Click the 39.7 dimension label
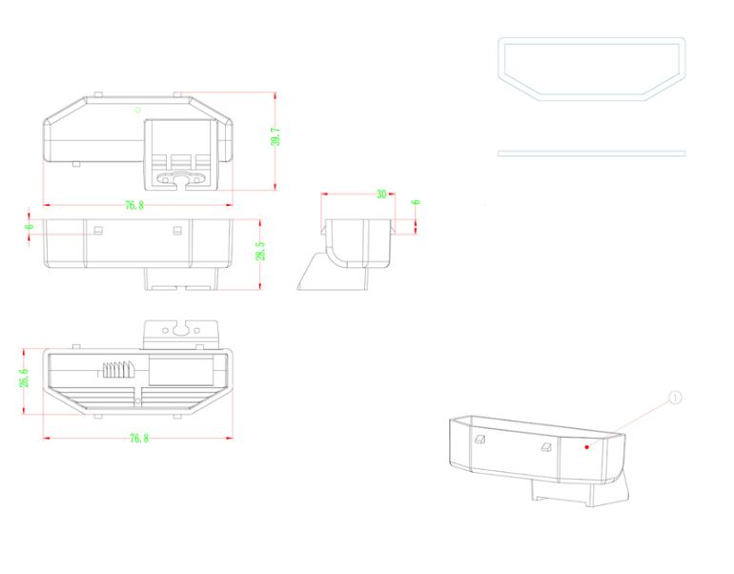[275, 135]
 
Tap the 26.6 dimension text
[25, 378]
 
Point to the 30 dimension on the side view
[381, 194]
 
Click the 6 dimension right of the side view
[416, 202]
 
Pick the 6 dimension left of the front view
[30, 225]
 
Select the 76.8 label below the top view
[133, 206]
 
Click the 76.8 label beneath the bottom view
[138, 438]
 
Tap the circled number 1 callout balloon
[676, 398]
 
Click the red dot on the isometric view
[586, 444]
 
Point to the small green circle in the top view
[137, 110]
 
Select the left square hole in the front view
[97, 229]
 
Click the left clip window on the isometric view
[479, 440]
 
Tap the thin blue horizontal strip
[591, 153]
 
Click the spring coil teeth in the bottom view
[117, 370]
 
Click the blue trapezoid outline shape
[591, 67]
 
